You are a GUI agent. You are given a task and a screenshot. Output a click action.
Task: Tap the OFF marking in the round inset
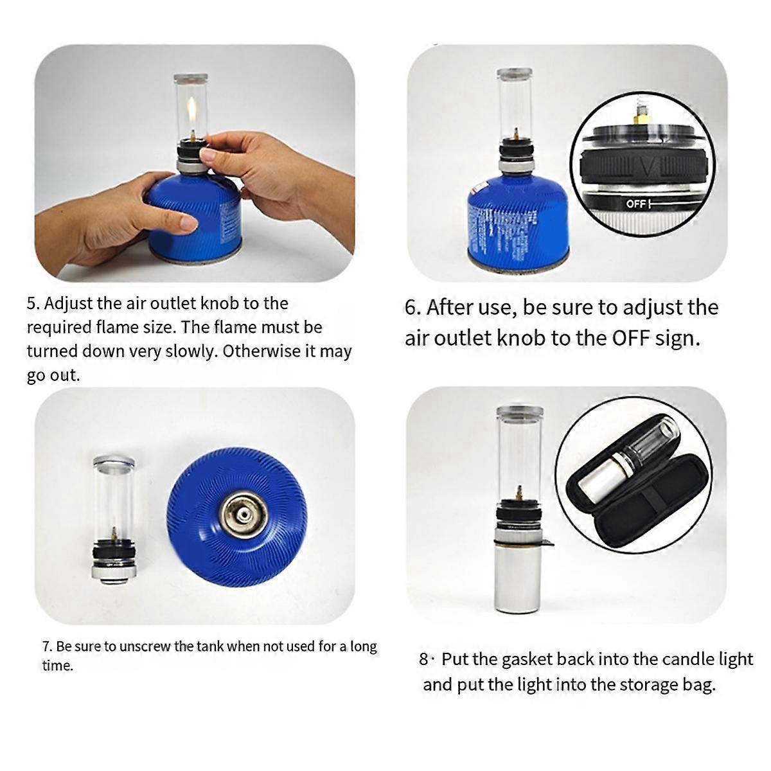[x=636, y=204]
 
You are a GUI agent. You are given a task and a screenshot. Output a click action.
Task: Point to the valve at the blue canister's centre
[x=240, y=515]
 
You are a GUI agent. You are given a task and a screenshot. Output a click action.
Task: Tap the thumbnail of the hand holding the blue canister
[x=195, y=163]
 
